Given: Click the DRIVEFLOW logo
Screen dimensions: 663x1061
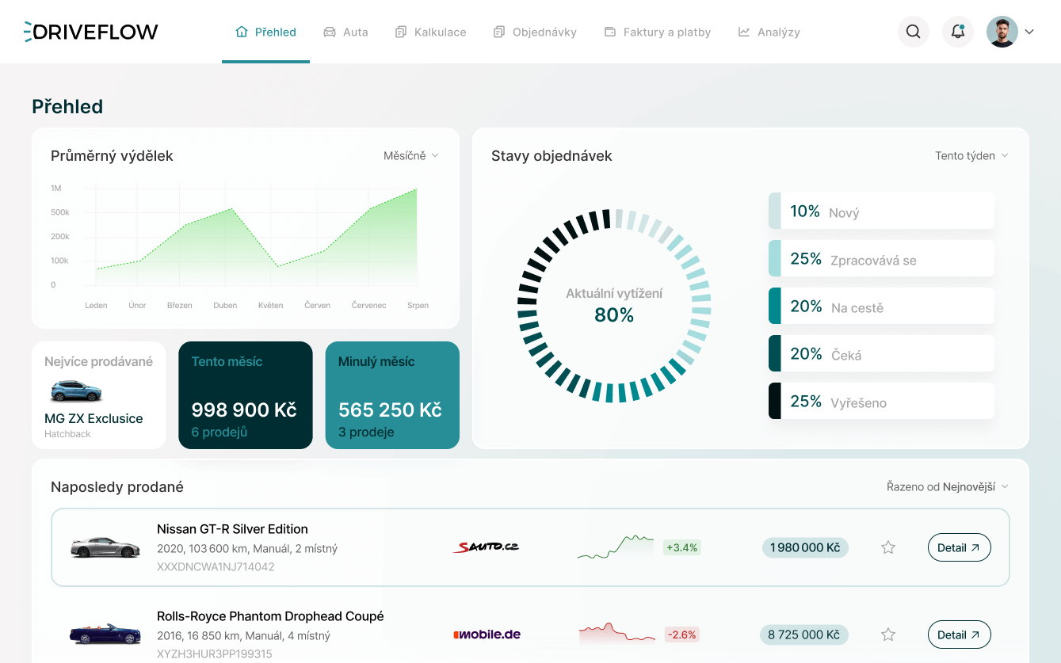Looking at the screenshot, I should tap(91, 32).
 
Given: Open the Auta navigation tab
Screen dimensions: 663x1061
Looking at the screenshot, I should tap(346, 32).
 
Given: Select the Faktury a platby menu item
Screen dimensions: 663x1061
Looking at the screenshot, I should tap(658, 32).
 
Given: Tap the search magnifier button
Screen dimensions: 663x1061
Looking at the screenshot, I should tap(913, 32).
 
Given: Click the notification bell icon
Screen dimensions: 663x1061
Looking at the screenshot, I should tap(957, 32).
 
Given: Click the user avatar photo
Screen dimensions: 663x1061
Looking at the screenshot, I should tap(1002, 32).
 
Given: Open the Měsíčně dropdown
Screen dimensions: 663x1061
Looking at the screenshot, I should tap(410, 156).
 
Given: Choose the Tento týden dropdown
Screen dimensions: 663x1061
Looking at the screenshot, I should tap(971, 156).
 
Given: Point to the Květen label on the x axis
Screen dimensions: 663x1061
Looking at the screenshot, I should tap(270, 305).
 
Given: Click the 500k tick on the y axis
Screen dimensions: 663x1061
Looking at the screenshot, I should tap(60, 212).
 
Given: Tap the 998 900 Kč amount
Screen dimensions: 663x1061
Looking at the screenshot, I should tap(244, 410).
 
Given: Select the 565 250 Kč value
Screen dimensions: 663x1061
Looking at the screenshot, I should tap(390, 410).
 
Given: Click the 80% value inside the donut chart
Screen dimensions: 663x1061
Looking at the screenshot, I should tap(614, 315).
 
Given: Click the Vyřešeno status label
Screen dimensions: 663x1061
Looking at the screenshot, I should tap(858, 402).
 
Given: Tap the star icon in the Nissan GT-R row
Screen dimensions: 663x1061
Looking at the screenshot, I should tap(888, 547).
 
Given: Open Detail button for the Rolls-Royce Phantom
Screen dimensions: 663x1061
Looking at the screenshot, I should tap(959, 634).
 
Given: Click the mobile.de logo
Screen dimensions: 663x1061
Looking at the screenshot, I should tap(487, 634).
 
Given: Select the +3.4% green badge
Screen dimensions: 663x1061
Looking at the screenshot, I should tap(681, 547).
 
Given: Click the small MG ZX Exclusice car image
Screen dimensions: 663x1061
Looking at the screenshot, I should tap(76, 391).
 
